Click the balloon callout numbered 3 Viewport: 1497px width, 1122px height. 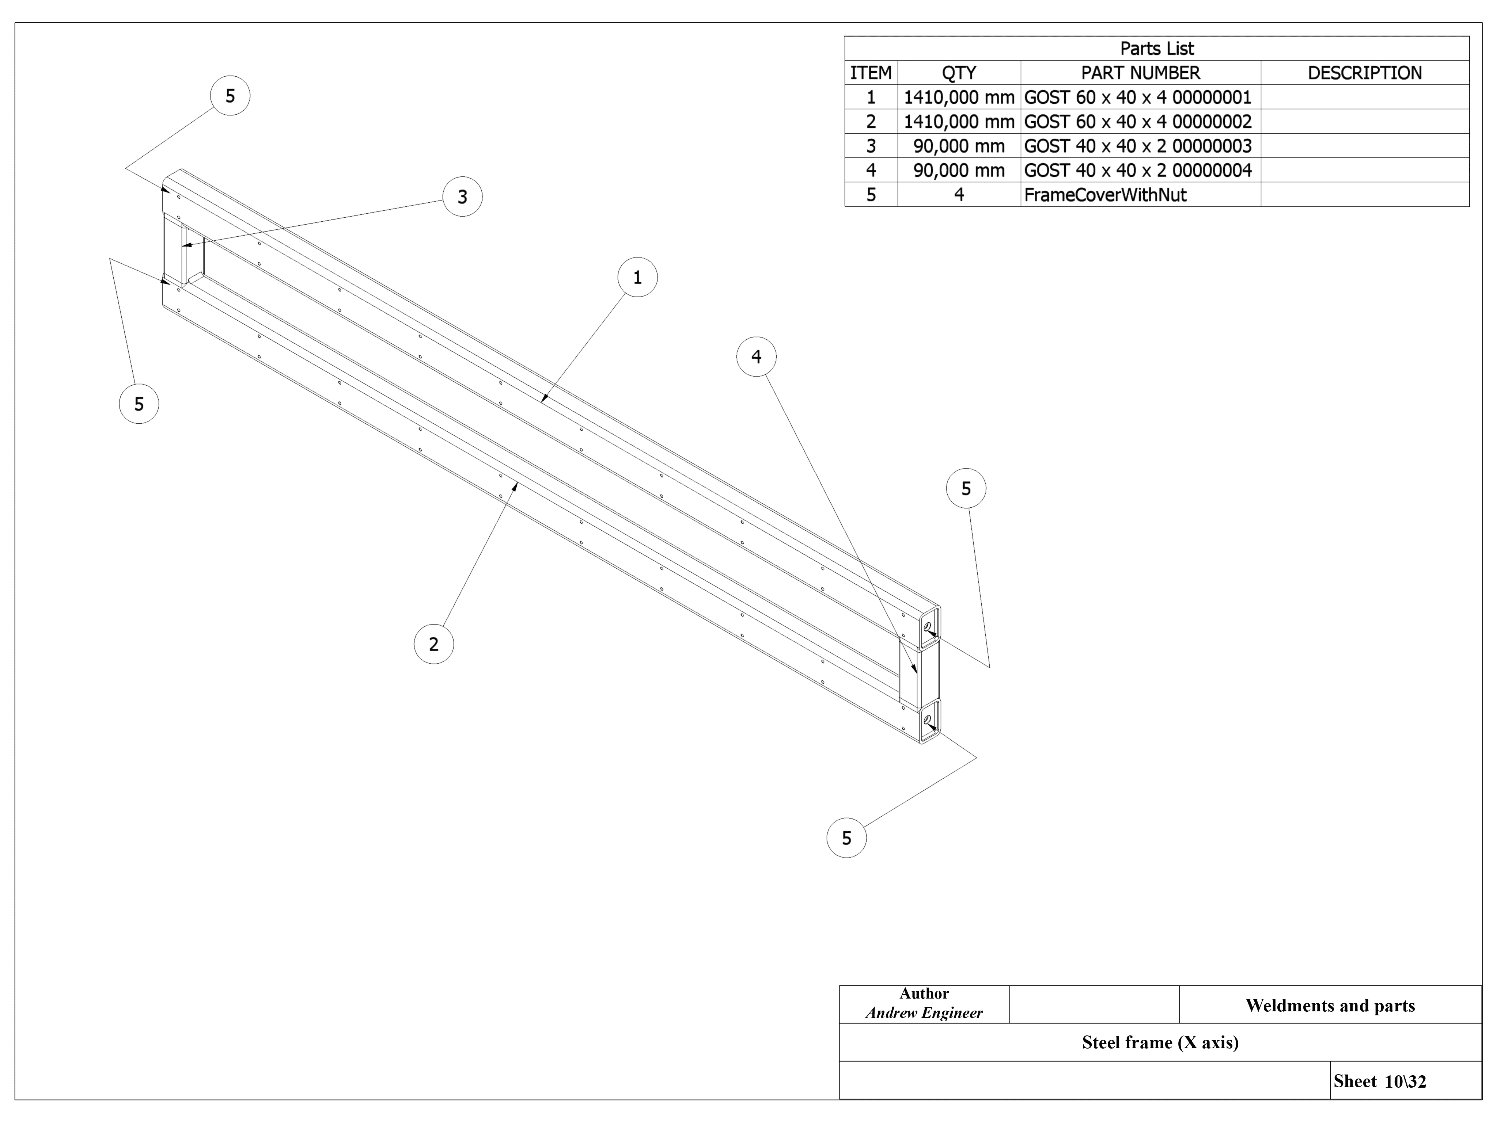[462, 197]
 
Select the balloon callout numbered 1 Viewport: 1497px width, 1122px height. [637, 277]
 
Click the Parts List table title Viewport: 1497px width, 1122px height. [1157, 49]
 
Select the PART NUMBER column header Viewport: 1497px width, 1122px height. [1140, 73]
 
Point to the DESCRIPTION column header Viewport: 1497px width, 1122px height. [1364, 73]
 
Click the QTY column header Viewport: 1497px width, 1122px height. [959, 73]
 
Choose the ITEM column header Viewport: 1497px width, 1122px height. [871, 73]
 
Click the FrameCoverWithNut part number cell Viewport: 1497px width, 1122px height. [1105, 195]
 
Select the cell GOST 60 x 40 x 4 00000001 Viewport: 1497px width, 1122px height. [1138, 98]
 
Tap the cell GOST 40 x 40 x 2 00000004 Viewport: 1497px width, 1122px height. [1138, 171]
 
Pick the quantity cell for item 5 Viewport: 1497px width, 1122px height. [959, 195]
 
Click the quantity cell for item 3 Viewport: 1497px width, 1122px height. [959, 146]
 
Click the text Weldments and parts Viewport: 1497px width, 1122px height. [1330, 1006]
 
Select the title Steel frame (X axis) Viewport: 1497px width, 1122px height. [1160, 1042]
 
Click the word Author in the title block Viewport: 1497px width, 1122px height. [924, 993]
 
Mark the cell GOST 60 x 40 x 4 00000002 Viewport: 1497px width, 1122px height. [1138, 122]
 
